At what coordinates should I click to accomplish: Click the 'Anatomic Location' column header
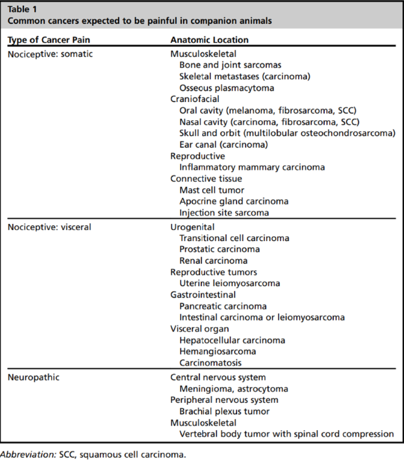[x=209, y=40]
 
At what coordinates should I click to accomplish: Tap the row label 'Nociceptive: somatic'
[x=50, y=54]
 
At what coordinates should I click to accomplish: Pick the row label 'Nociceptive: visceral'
[x=50, y=226]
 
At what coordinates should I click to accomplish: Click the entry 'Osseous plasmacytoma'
[x=226, y=88]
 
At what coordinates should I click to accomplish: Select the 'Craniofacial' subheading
[x=193, y=99]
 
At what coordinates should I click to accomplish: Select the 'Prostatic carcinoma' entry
[x=219, y=249]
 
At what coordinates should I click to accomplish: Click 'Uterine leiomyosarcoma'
[x=230, y=283]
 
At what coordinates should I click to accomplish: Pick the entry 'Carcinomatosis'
[x=210, y=363]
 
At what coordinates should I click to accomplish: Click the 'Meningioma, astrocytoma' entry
[x=234, y=389]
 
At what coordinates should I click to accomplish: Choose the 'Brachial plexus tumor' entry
[x=225, y=411]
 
